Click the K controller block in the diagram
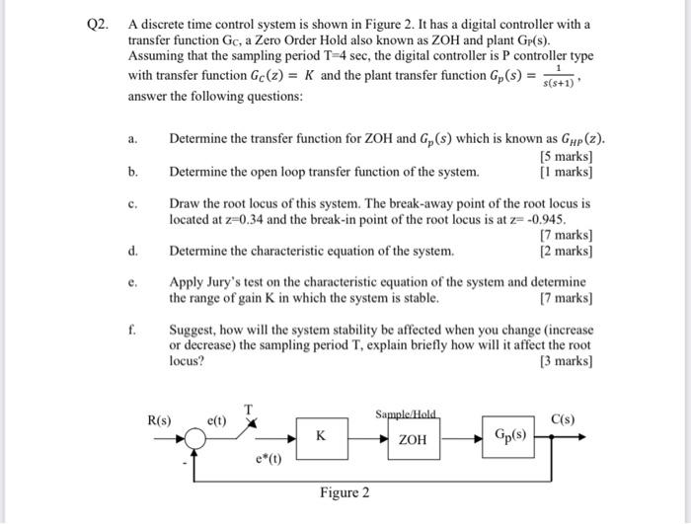pos(321,434)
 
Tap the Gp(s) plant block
pos(511,434)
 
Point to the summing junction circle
pos(196,439)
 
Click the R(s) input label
pos(158,419)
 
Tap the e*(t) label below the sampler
pos(269,458)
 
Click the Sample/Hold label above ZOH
pos(407,413)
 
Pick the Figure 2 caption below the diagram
pos(345,491)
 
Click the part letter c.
pos(132,203)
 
